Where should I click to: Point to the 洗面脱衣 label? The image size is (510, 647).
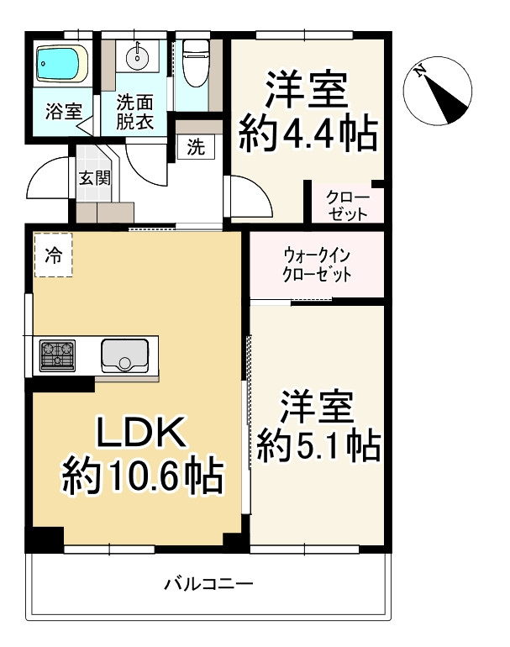134,112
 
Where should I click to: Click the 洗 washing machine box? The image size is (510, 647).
195,148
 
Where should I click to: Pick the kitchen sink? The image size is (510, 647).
124,355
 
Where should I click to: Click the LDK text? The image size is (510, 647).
139,435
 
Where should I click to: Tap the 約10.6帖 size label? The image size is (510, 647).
141,478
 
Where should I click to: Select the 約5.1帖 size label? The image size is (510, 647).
317,445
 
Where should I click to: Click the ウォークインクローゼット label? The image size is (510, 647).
317,266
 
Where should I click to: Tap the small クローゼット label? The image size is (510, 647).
346,206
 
